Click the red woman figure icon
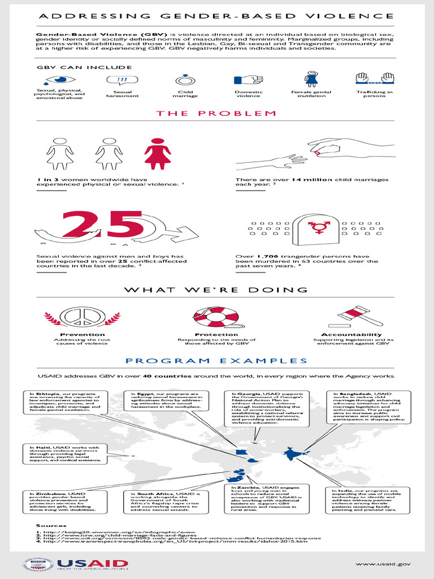tap(157, 153)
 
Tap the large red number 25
tap(103, 225)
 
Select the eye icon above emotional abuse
tap(59, 80)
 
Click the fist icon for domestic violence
tap(249, 80)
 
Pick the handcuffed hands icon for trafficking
tap(374, 79)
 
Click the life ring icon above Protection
tap(216, 317)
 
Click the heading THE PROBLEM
tap(216, 114)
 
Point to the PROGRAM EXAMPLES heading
tap(216, 361)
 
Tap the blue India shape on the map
tap(290, 453)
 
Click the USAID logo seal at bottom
tap(37, 564)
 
